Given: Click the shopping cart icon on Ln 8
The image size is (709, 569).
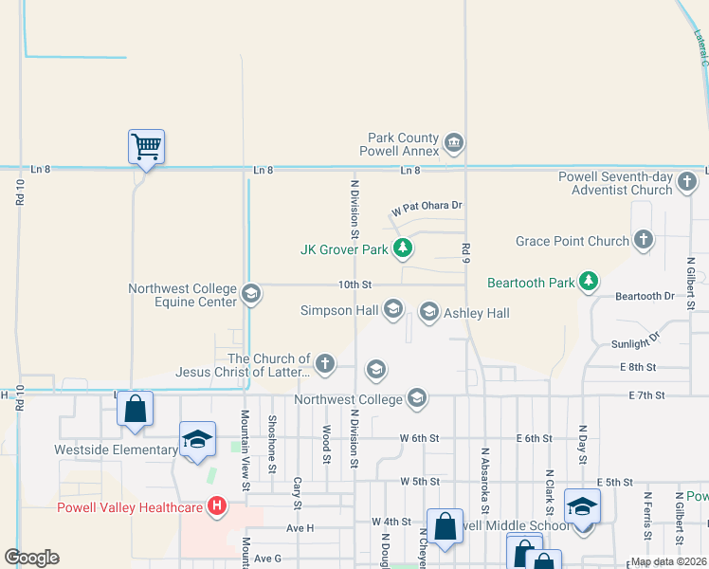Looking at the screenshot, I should tap(146, 147).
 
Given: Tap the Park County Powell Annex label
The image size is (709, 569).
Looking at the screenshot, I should tap(400, 144).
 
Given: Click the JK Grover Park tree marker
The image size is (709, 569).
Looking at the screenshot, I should tap(404, 248).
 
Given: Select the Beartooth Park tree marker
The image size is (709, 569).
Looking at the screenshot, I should tap(590, 281).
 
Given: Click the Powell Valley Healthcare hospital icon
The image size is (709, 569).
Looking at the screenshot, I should tap(217, 506).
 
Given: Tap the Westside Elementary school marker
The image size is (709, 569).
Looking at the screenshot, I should tap(197, 439).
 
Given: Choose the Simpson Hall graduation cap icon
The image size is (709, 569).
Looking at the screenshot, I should tap(393, 309).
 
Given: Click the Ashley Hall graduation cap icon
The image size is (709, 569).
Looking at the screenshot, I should tap(428, 312).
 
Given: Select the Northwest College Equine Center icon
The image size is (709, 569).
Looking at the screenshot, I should tap(250, 293).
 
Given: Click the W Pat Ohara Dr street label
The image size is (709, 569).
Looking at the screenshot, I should tap(427, 206).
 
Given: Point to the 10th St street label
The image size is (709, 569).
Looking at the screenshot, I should tap(355, 284).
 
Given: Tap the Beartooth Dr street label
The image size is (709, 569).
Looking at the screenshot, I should tap(644, 296).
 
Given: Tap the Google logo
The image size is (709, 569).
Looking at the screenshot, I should tap(31, 558).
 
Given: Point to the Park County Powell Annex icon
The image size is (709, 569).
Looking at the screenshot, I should tap(454, 143).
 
